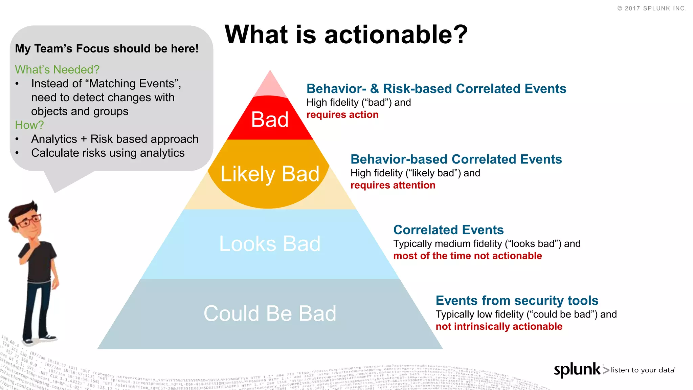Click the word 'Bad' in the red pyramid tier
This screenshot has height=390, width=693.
point(270,120)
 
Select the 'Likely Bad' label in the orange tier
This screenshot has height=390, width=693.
point(270,174)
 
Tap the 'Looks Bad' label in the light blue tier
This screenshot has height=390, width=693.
point(270,243)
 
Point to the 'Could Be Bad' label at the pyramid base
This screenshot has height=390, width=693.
point(270,313)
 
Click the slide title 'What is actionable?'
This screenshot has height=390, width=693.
point(346,35)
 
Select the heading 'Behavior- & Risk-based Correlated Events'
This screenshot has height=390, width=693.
point(436,89)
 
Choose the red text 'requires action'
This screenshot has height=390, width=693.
point(342,115)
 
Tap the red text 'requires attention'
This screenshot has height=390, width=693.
point(393,185)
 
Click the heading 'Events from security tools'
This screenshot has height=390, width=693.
point(517,301)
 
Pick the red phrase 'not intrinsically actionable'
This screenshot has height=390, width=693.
point(499,326)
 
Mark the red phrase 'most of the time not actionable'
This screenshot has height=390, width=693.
point(467,256)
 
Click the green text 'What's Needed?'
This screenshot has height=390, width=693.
point(57,69)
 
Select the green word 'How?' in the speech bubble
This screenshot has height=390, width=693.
point(29,125)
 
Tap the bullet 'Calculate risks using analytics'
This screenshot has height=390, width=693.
point(108,153)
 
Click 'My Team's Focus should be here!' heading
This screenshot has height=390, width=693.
point(107,48)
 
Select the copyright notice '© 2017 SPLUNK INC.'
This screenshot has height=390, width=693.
point(652,8)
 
